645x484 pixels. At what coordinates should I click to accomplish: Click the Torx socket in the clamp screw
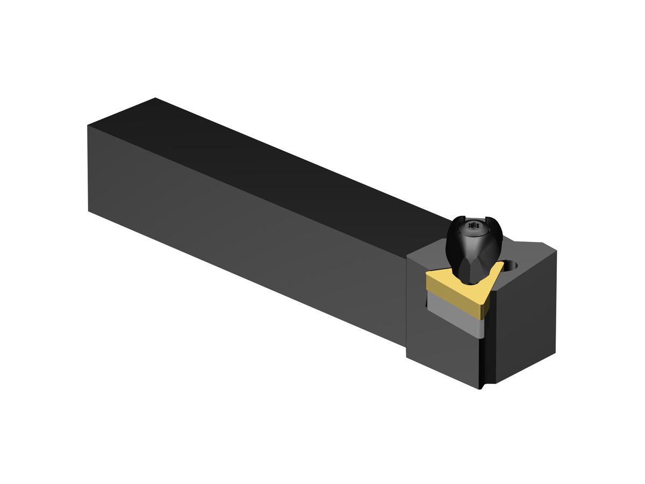point(473,226)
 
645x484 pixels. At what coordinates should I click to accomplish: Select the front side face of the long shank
point(242,231)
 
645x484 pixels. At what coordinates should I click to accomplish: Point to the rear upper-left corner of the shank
point(89,126)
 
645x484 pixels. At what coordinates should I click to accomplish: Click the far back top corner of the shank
point(155,98)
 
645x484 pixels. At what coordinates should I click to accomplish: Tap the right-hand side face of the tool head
point(524,323)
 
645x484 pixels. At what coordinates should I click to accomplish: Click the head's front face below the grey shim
point(441,355)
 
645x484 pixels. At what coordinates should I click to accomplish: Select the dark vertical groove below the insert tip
point(482,355)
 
